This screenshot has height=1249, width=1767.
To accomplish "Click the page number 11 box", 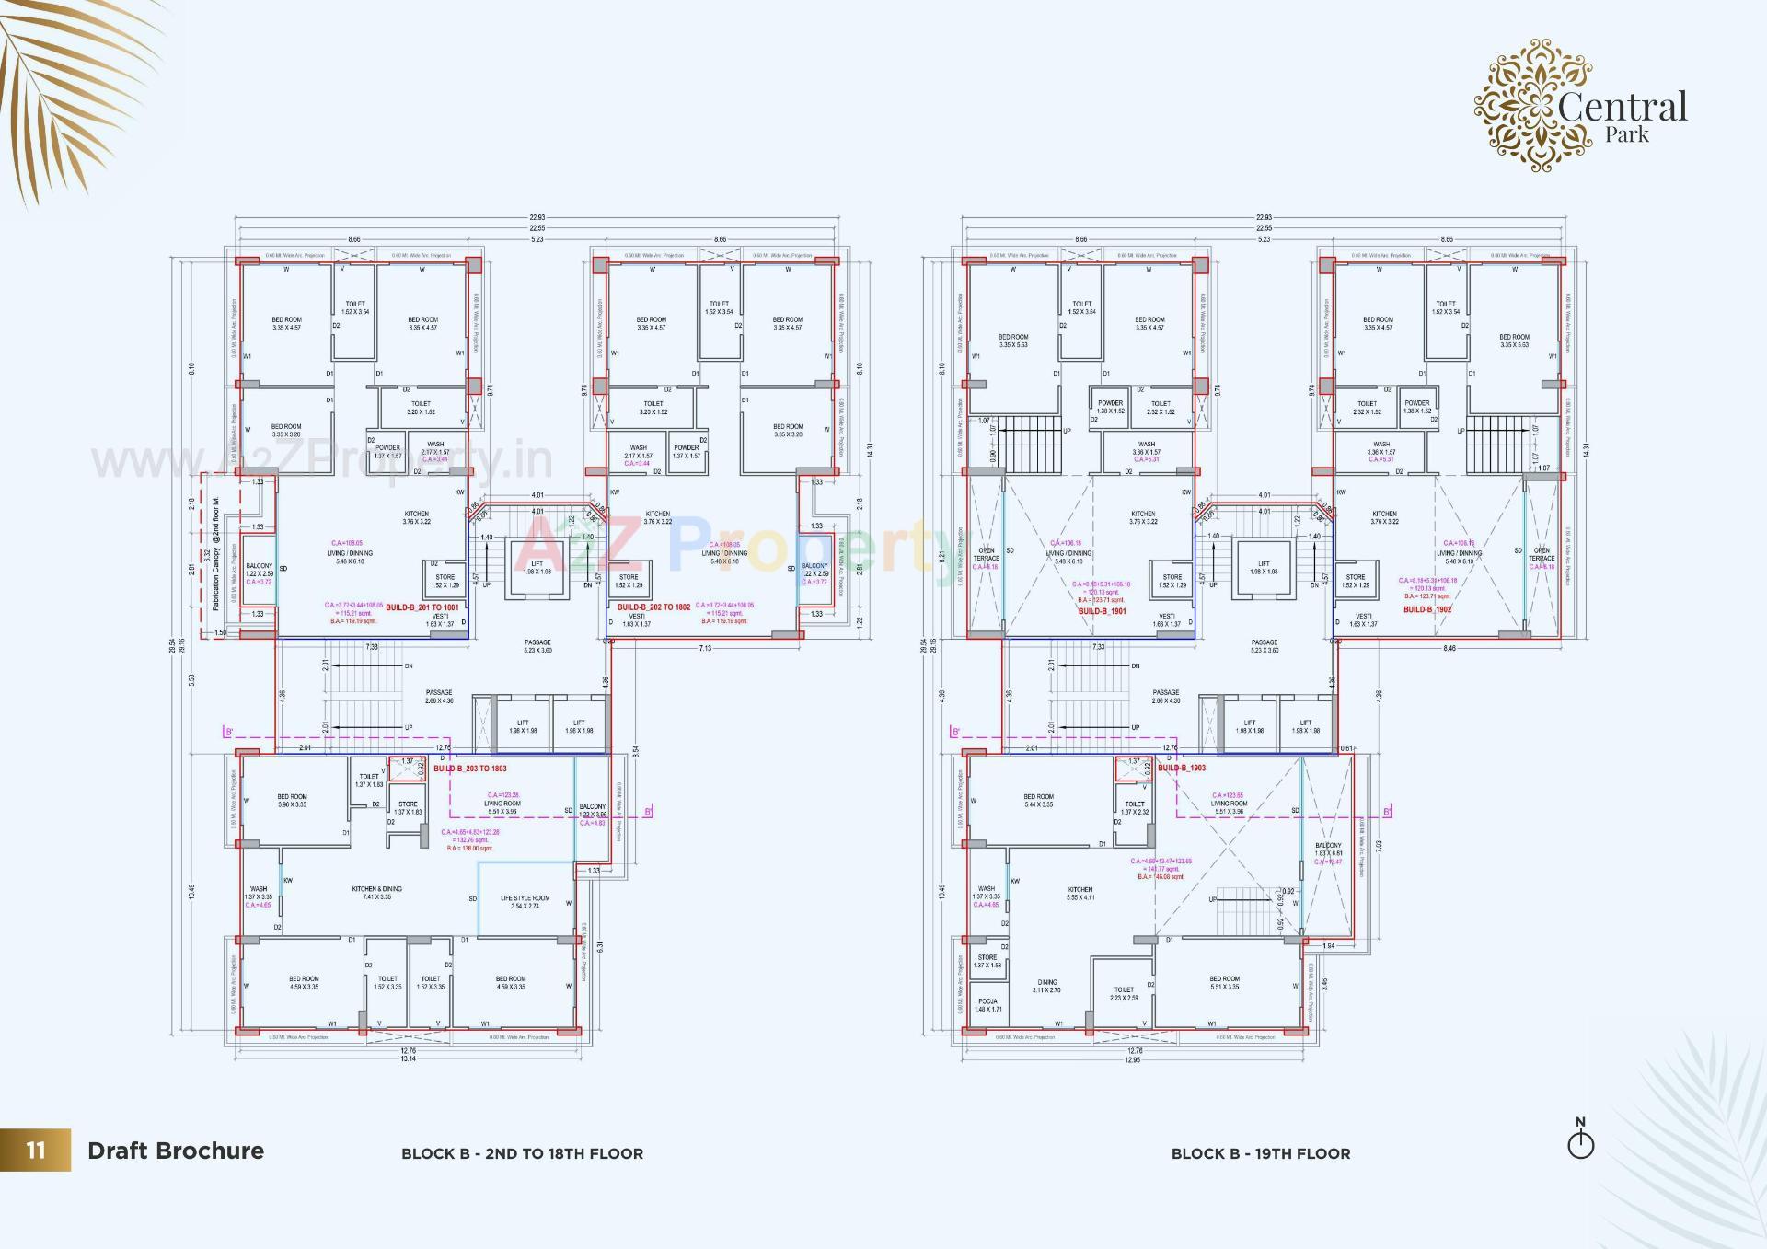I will pyautogui.click(x=35, y=1151).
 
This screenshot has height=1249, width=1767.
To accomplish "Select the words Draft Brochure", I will pyautogui.click(x=176, y=1151).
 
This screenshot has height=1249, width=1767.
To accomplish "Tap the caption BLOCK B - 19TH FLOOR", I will pyautogui.click(x=1260, y=1153).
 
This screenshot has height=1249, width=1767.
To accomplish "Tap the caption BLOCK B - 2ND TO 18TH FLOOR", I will pyautogui.click(x=522, y=1153).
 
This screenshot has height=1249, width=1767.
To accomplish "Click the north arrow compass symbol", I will pyautogui.click(x=1580, y=1141).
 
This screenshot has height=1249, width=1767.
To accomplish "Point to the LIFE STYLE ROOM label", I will pyautogui.click(x=525, y=902).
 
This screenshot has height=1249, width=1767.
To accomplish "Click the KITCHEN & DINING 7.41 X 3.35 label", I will pyautogui.click(x=376, y=893).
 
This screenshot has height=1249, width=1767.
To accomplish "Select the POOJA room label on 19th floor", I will pyautogui.click(x=987, y=1005).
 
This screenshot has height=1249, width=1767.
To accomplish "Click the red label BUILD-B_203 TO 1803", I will pyautogui.click(x=469, y=769).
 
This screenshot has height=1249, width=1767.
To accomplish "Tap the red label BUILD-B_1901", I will pyautogui.click(x=1102, y=611).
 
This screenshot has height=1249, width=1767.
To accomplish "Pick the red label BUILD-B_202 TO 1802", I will pyautogui.click(x=653, y=607).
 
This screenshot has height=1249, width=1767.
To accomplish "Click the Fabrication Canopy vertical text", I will pyautogui.click(x=216, y=554).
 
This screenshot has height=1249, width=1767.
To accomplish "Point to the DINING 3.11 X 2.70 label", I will pyautogui.click(x=1046, y=986).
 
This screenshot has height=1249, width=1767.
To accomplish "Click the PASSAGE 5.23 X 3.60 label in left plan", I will pyautogui.click(x=537, y=646).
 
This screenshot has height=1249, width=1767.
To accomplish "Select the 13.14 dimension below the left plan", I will pyautogui.click(x=408, y=1058).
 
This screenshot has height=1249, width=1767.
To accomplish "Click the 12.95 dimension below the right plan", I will pyautogui.click(x=1132, y=1059).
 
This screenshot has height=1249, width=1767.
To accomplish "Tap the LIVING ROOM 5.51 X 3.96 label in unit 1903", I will pyautogui.click(x=1230, y=807).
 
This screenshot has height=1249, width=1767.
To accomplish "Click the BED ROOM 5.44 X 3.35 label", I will pyautogui.click(x=1038, y=801).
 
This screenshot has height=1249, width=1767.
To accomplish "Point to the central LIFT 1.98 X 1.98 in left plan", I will pyautogui.click(x=537, y=567).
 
